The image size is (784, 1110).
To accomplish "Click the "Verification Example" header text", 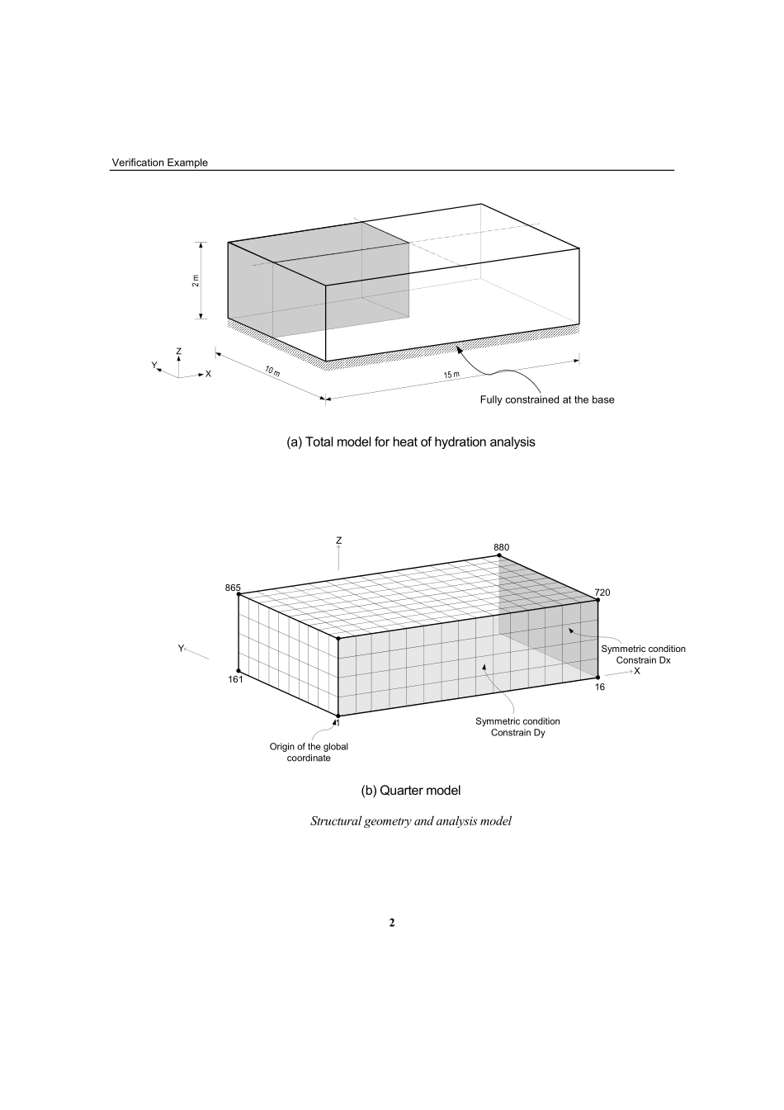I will click(x=159, y=163).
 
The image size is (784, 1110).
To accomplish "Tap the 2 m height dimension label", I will click(x=196, y=281).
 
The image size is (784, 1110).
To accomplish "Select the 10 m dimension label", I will click(x=272, y=372).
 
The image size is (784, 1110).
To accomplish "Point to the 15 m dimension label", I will click(x=451, y=376).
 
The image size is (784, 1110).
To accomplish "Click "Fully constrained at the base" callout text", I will click(x=547, y=399).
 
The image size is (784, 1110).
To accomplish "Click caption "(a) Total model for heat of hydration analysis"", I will click(x=410, y=442).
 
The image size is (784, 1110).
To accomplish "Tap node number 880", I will click(x=502, y=547).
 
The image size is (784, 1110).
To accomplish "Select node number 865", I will click(x=233, y=588).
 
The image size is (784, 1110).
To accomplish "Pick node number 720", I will click(x=602, y=593).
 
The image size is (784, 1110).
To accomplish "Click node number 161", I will click(x=235, y=680).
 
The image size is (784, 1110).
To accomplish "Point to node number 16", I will click(x=600, y=687).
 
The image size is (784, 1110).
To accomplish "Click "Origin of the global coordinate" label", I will click(x=309, y=752).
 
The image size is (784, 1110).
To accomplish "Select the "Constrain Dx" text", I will click(x=643, y=660).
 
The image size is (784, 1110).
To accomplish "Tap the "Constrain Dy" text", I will click(x=517, y=733).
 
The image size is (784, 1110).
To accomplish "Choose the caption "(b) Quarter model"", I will click(x=410, y=791).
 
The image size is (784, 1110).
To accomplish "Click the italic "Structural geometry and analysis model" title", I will click(x=410, y=821).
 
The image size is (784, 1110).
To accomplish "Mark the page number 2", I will click(x=392, y=923).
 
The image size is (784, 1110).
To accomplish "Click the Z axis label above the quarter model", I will click(x=339, y=541).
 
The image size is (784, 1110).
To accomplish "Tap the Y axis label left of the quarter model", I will click(x=181, y=649).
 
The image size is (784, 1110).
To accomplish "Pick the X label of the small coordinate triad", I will click(x=208, y=374).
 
